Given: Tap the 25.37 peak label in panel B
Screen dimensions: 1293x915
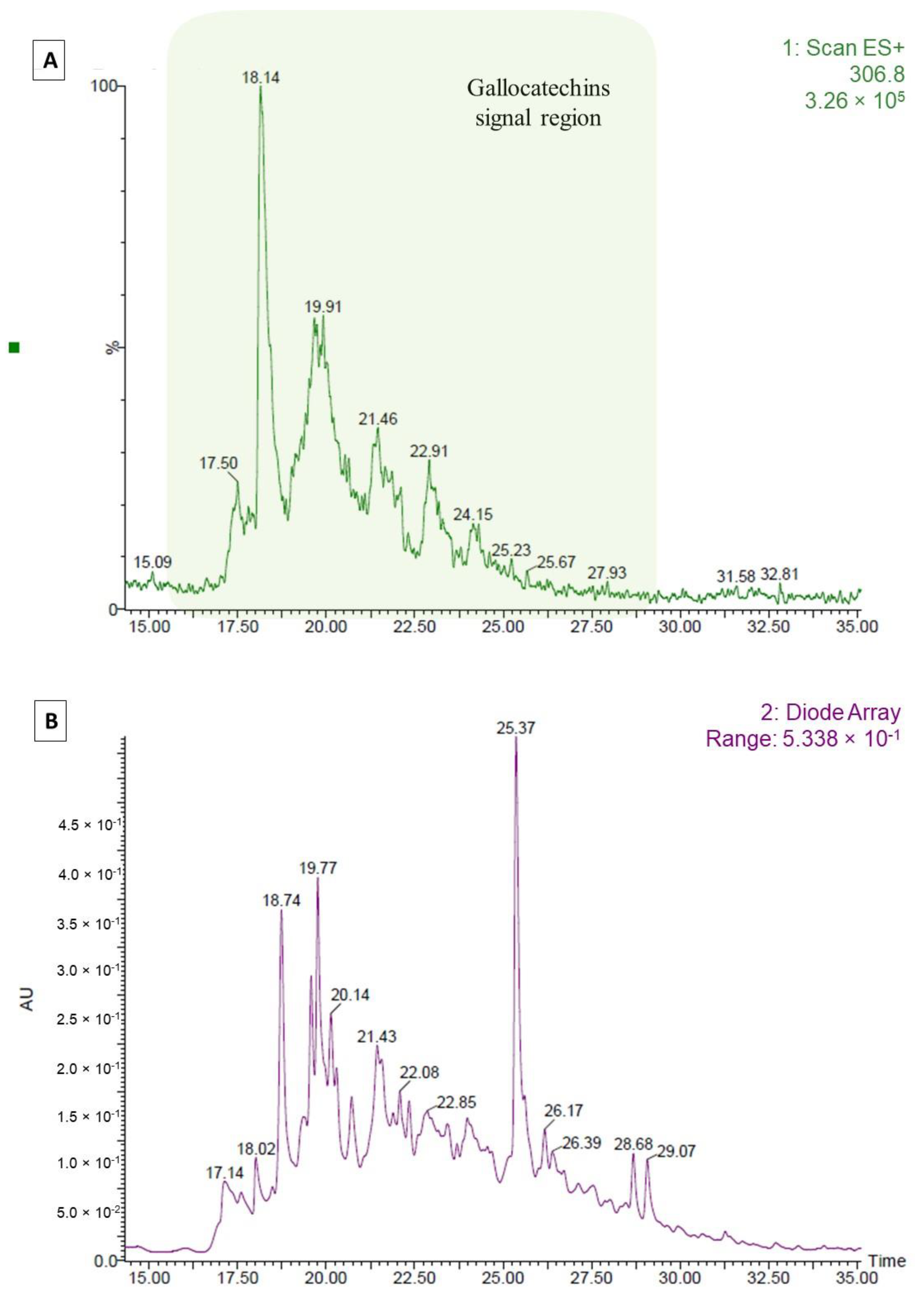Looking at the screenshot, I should tap(515, 728).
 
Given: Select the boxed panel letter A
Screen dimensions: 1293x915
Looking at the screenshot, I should tap(50, 60).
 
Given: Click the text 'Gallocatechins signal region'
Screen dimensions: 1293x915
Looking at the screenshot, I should tap(538, 103).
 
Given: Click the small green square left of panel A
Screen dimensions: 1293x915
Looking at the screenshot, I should tap(14, 348).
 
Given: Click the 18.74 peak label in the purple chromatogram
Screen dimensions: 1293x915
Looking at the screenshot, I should tap(281, 900).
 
